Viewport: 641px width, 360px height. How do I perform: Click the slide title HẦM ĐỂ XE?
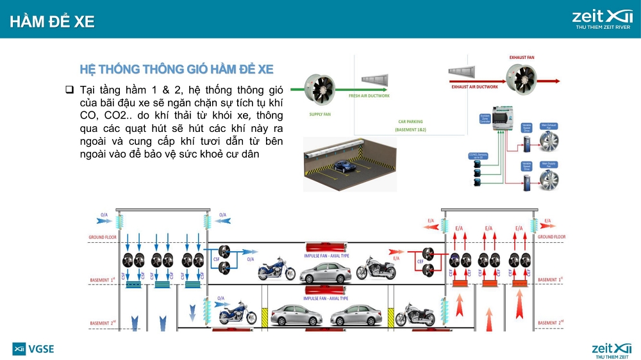click(53, 21)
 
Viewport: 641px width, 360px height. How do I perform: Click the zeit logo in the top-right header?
click(603, 17)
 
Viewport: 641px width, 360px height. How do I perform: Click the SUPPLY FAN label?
click(320, 114)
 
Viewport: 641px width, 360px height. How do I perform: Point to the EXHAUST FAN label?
click(522, 58)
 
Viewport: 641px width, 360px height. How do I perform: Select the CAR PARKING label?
click(410, 121)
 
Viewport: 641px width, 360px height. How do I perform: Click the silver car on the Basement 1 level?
click(325, 272)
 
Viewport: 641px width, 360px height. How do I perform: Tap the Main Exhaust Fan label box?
click(549, 127)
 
